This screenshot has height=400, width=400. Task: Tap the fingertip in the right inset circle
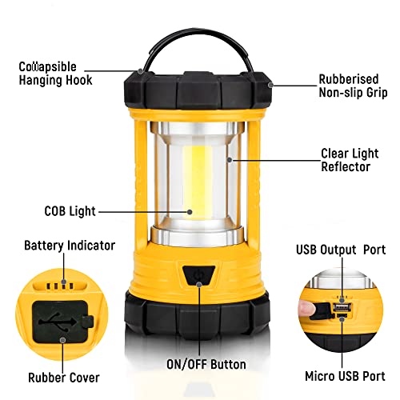tap(305, 308)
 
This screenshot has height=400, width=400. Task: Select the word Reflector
tap(346, 166)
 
